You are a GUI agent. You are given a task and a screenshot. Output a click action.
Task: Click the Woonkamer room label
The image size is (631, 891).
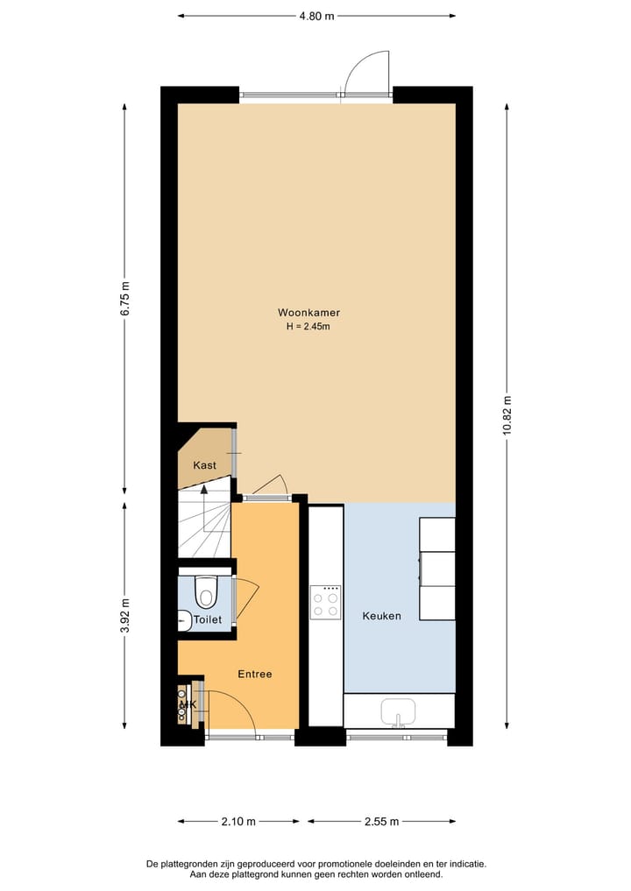308,313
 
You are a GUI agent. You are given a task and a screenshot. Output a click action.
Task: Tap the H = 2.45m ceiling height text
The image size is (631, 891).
308,327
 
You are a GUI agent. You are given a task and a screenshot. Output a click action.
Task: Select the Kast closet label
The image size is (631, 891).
204,465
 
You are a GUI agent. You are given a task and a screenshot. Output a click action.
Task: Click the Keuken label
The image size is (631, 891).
381,616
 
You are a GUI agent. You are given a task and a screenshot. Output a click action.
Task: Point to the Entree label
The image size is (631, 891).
255,674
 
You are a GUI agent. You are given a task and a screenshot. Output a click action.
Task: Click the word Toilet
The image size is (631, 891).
208,619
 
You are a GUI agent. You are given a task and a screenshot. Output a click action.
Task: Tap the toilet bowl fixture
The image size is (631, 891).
206,593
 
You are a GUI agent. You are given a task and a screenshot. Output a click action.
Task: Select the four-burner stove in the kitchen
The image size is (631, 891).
326,603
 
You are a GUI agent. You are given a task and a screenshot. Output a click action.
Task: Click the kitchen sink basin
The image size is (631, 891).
399,711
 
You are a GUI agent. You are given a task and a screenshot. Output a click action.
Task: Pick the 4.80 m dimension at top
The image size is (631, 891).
316,16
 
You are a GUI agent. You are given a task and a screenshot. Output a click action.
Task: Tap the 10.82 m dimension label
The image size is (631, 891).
507,416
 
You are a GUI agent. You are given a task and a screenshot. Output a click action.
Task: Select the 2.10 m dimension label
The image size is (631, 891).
238,822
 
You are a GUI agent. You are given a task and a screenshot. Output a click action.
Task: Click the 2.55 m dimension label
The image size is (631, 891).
381,822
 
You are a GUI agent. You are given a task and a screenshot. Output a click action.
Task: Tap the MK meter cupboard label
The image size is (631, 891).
187,704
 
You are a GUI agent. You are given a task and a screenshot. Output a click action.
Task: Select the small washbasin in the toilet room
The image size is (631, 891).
184,620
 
